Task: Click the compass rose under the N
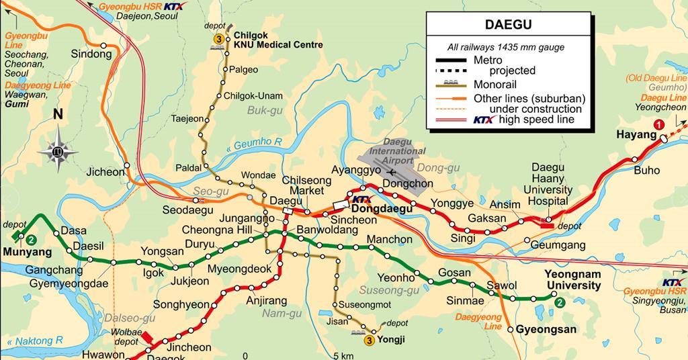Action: (x=58, y=149)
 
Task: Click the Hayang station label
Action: (x=636, y=135)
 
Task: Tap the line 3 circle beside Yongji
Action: (x=369, y=341)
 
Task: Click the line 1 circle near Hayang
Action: (x=660, y=124)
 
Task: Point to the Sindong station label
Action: (x=91, y=54)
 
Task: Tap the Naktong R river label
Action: (x=39, y=341)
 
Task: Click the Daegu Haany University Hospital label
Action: (x=549, y=183)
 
